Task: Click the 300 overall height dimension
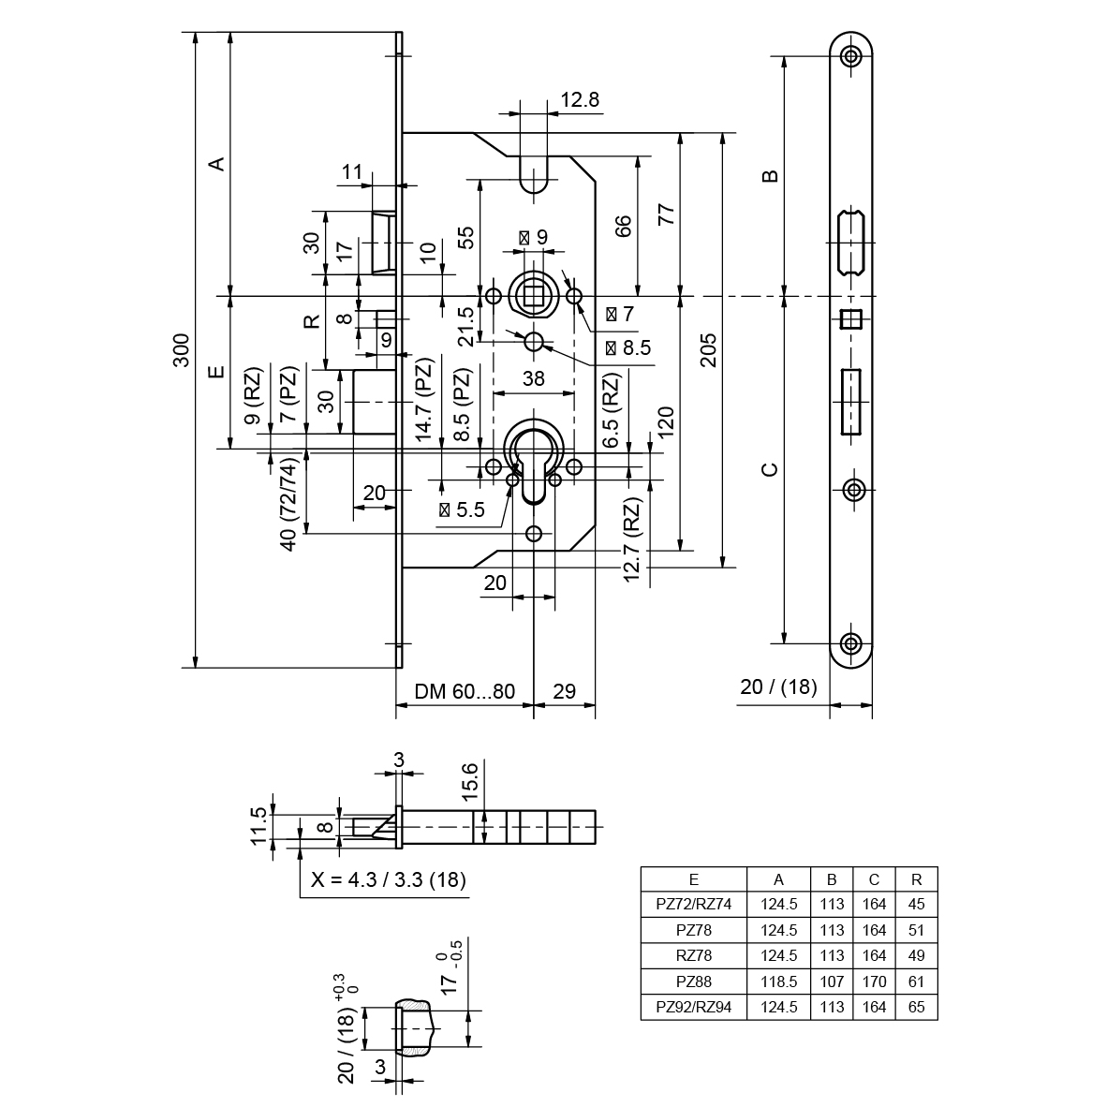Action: click(x=184, y=348)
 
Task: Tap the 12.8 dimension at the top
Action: click(x=580, y=99)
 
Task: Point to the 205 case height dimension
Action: click(x=709, y=348)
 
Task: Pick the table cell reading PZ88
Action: click(x=693, y=982)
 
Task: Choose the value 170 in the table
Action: click(x=873, y=982)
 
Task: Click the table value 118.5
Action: click(x=779, y=982)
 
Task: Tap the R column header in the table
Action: click(x=916, y=879)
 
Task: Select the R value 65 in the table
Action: click(x=916, y=1008)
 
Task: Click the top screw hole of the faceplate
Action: click(x=851, y=56)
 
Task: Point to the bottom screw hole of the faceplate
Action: click(x=851, y=642)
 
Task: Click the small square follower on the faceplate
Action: click(x=851, y=319)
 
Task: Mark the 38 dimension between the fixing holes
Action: click(x=533, y=378)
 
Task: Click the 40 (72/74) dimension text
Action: click(x=289, y=504)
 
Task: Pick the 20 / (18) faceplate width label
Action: click(x=778, y=686)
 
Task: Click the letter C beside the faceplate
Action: click(x=769, y=468)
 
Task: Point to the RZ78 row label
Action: click(x=693, y=956)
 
